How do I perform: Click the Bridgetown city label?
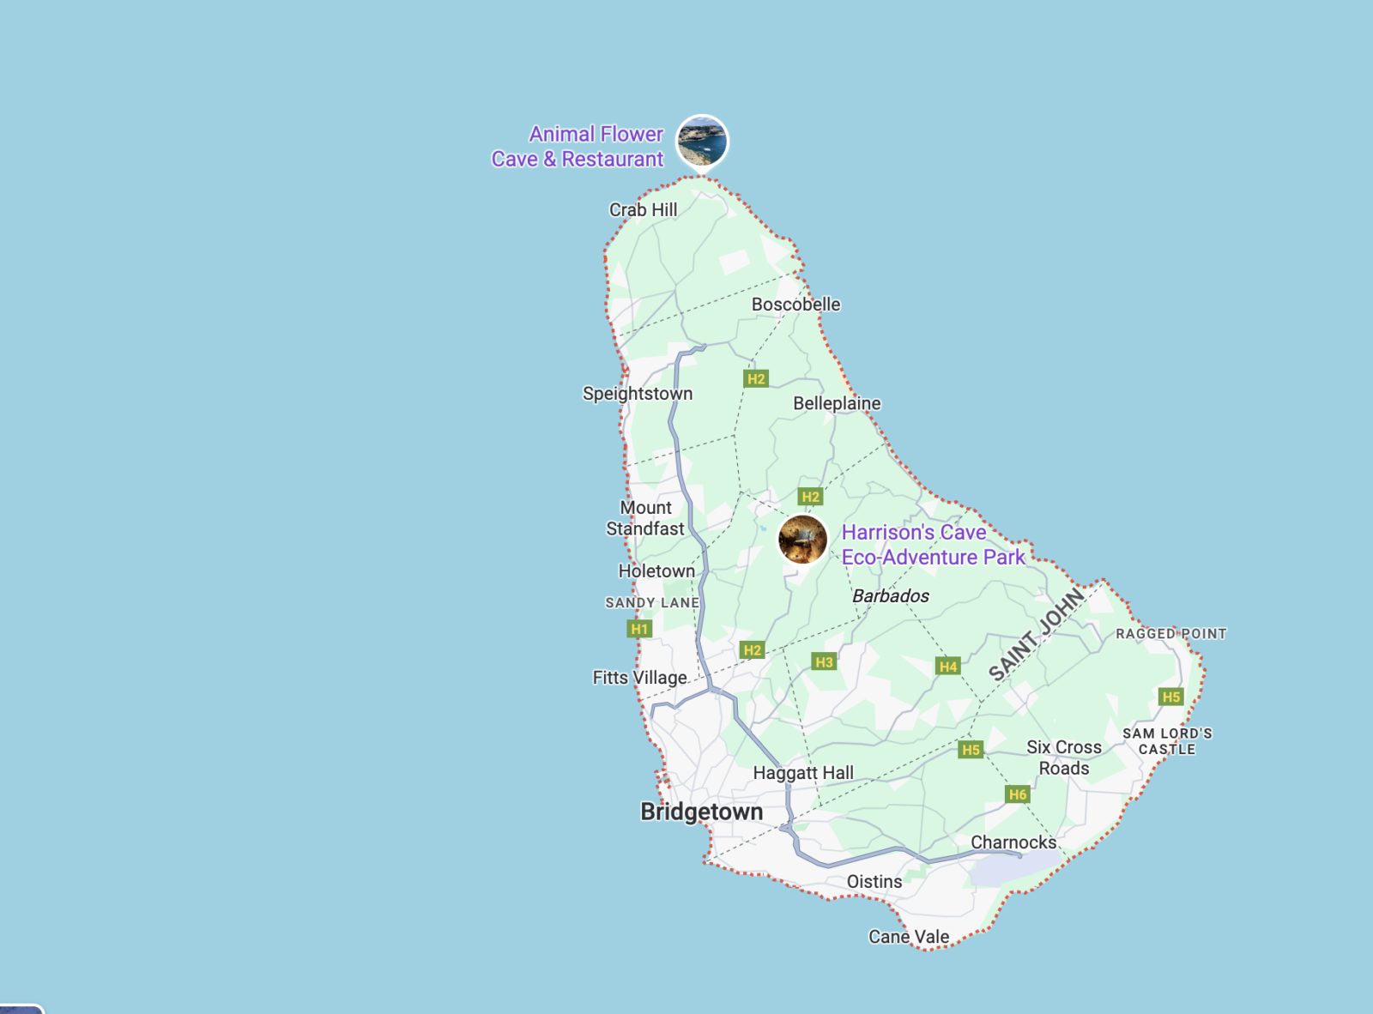[x=701, y=812]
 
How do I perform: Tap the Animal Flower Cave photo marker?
[x=702, y=142]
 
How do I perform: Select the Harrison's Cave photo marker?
[x=802, y=540]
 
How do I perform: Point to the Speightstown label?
[x=638, y=394]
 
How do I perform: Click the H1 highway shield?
[x=639, y=629]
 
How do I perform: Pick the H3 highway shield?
[x=824, y=662]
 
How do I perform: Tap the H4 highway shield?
[x=947, y=667]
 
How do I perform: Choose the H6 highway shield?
[x=1017, y=794]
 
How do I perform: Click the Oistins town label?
[x=874, y=882]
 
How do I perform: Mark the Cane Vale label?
[x=909, y=937]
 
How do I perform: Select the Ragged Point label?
[x=1170, y=634]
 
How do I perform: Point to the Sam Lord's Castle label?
[x=1167, y=741]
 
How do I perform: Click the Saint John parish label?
[x=1037, y=635]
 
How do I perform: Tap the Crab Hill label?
[x=643, y=210]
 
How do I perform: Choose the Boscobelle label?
[x=795, y=305]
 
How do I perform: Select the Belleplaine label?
[x=837, y=403]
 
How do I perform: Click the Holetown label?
[x=656, y=571]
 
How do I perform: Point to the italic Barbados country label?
[x=891, y=596]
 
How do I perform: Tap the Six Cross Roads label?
[x=1064, y=757]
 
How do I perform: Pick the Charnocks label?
[x=1013, y=842]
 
